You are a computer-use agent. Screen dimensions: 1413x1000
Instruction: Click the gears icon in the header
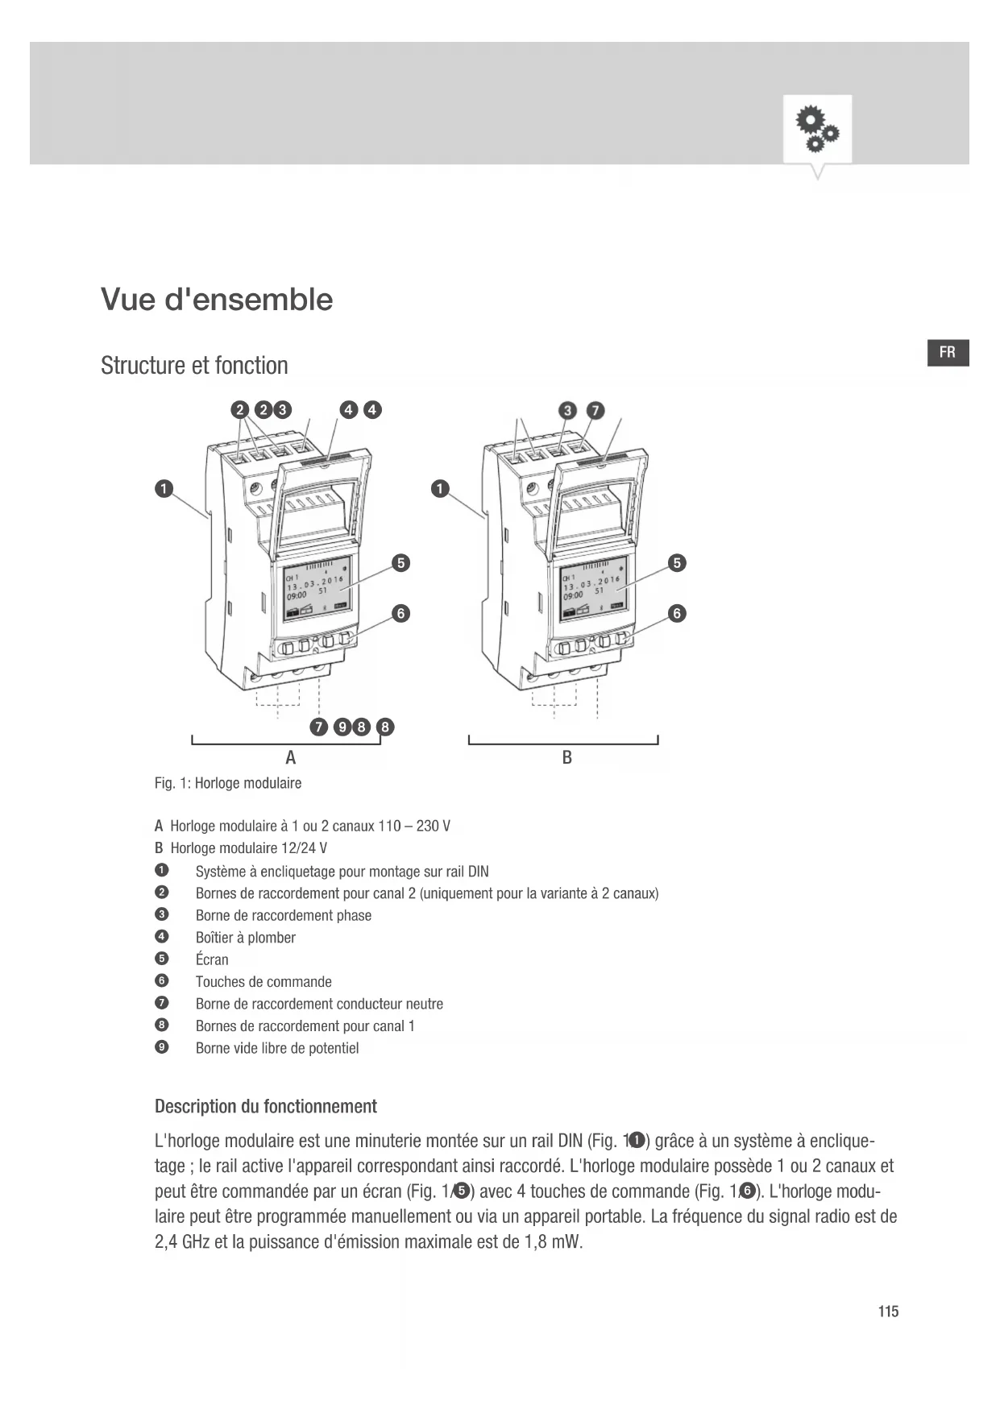tap(817, 130)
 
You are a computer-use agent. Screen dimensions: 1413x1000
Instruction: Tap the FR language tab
tap(948, 353)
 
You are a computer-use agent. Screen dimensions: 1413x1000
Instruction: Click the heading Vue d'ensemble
tap(217, 300)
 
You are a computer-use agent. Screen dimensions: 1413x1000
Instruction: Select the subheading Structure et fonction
tap(194, 366)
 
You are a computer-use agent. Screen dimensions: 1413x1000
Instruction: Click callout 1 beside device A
tap(164, 489)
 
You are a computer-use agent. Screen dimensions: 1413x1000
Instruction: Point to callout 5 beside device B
tap(678, 563)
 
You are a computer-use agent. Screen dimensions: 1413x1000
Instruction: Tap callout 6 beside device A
tap(400, 614)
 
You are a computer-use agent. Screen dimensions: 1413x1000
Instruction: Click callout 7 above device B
tap(595, 410)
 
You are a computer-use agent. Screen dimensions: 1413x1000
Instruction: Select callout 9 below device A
tap(342, 727)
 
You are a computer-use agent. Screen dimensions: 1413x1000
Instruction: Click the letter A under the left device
tap(291, 758)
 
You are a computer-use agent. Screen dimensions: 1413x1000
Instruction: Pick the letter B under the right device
tap(566, 758)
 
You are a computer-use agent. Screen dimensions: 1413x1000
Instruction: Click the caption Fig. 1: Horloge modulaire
tap(228, 783)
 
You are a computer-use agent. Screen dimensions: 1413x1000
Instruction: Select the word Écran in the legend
tap(212, 959)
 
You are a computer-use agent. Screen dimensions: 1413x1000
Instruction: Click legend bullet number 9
tap(162, 1047)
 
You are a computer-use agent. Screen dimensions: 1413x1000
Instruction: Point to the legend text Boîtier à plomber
tap(245, 938)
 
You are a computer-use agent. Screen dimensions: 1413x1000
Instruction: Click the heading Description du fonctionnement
tap(266, 1106)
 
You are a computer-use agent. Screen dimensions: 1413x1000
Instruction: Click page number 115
tap(888, 1311)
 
